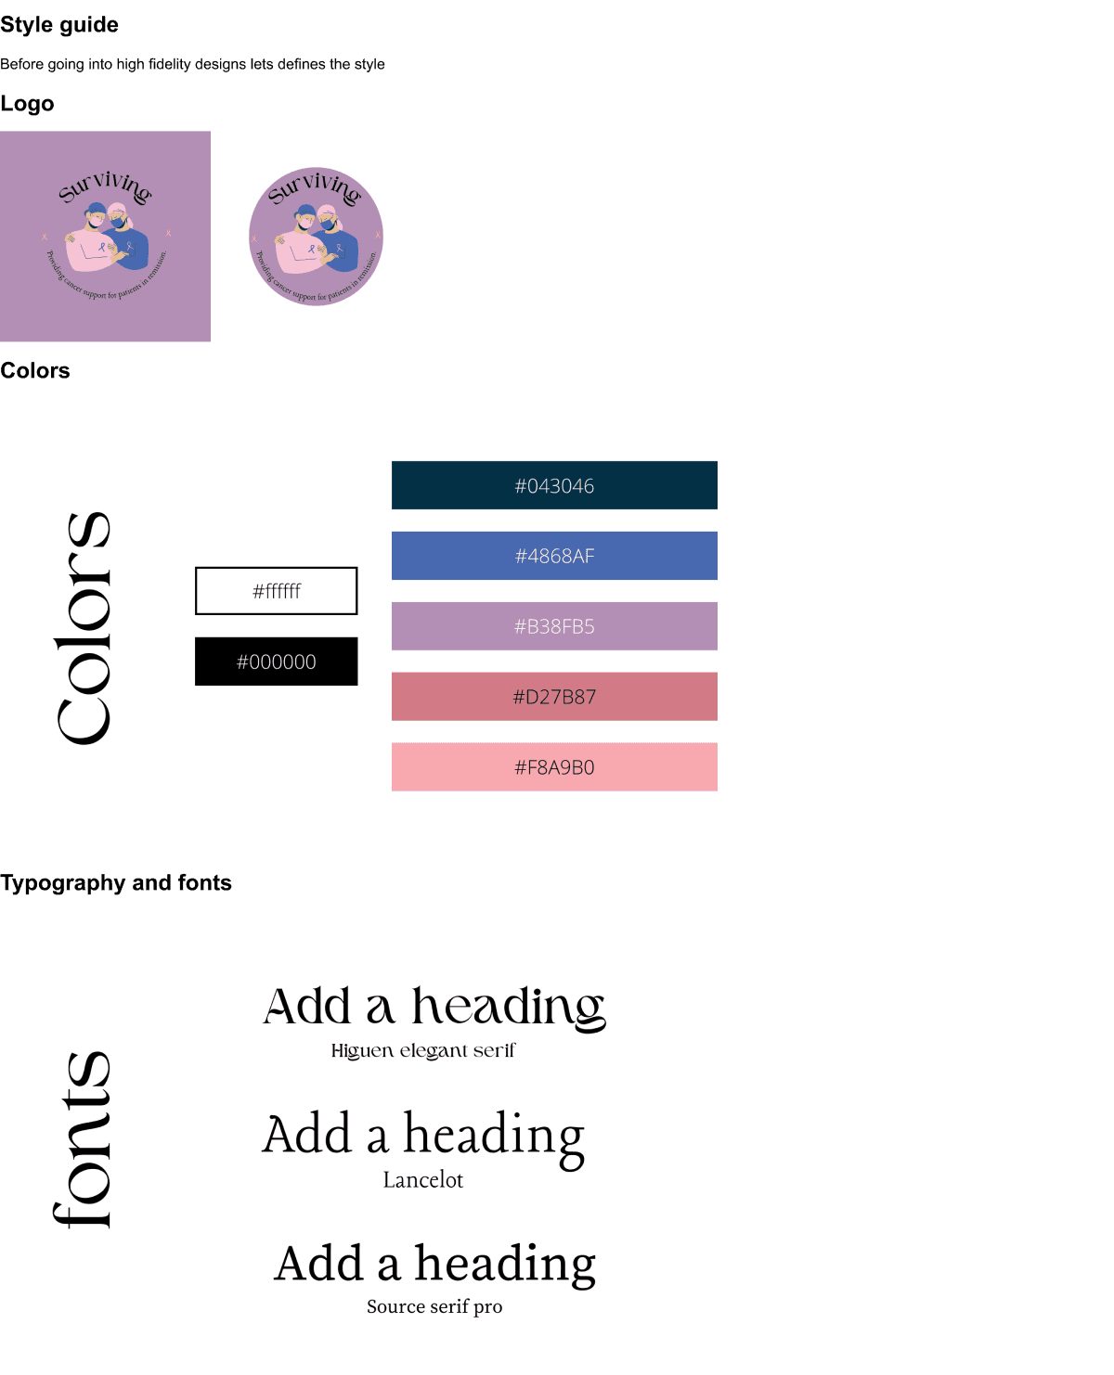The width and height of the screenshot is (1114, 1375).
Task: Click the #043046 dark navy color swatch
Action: click(x=554, y=485)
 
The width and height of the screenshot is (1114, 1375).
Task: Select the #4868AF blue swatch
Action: click(x=554, y=556)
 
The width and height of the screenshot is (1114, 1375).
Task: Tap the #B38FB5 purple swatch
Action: click(x=554, y=626)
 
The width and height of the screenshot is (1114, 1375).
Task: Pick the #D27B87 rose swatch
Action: click(x=554, y=697)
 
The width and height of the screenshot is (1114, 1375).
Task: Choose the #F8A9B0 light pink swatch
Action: click(x=554, y=767)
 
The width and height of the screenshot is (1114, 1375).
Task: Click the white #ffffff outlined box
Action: click(x=277, y=591)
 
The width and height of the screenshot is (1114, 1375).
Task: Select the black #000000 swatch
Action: click(x=277, y=662)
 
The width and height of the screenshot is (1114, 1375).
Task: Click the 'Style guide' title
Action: click(x=59, y=25)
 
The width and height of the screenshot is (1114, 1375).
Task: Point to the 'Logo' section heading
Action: click(x=27, y=104)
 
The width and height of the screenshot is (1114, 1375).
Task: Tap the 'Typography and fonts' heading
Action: click(x=116, y=882)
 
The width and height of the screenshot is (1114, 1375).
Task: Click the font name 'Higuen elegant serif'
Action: click(x=423, y=1050)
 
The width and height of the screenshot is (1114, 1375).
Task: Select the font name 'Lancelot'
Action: click(x=423, y=1180)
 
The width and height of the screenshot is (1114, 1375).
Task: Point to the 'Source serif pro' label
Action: click(x=434, y=1306)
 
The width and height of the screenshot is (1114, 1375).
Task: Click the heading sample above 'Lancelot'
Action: click(x=423, y=1136)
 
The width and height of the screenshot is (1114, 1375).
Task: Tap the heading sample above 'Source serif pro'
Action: click(x=434, y=1264)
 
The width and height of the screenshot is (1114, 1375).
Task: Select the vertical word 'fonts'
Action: click(x=84, y=1139)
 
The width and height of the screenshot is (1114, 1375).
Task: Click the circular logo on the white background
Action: click(x=316, y=237)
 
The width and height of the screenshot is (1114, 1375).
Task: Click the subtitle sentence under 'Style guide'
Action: click(x=192, y=64)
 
